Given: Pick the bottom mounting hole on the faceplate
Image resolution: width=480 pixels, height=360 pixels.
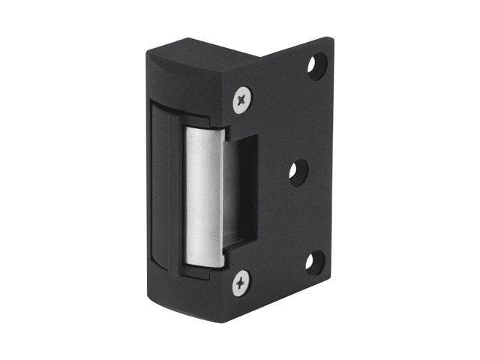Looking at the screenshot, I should click(x=314, y=262).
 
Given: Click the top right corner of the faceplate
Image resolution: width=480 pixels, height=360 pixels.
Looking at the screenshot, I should click(x=328, y=39).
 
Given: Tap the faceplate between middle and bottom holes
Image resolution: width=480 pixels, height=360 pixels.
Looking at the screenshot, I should click(x=304, y=217).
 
